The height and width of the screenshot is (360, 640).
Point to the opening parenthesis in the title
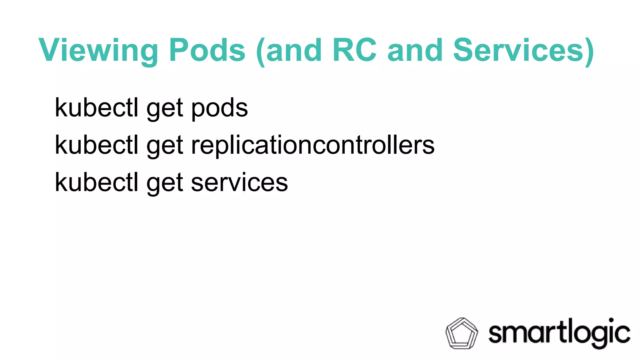click(260, 52)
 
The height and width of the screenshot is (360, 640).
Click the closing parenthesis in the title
click(589, 52)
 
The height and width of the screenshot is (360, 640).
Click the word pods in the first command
click(219, 108)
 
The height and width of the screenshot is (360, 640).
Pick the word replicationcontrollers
click(312, 146)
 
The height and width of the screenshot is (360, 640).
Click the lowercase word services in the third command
click(239, 182)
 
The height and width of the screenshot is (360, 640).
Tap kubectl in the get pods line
click(97, 107)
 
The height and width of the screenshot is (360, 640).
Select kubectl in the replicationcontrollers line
click(97, 145)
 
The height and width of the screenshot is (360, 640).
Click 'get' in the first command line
click(165, 109)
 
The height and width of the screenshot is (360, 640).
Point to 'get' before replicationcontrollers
click(165, 147)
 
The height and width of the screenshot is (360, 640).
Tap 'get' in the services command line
click(165, 184)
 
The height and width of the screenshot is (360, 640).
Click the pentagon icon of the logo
click(462, 333)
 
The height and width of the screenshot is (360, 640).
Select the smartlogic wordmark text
click(559, 333)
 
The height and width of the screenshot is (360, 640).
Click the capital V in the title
click(50, 50)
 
